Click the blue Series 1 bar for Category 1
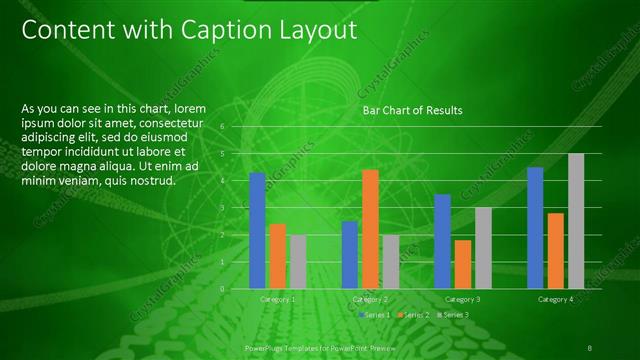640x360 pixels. pos(257,230)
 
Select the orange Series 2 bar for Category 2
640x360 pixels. pos(370,229)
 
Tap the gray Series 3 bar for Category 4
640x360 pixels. pos(575,221)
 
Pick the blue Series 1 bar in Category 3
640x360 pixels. pos(442,241)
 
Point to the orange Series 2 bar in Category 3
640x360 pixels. pos(462,264)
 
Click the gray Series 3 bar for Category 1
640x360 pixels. pos(297,261)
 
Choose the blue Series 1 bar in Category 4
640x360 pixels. pos(535,228)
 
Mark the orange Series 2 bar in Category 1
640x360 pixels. pos(277,256)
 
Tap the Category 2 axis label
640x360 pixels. pos(370,299)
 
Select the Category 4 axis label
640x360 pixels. pos(555,299)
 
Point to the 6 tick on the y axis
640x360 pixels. pos(237,126)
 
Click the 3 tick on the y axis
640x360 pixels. pos(237,207)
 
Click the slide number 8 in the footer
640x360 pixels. pos(589,346)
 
